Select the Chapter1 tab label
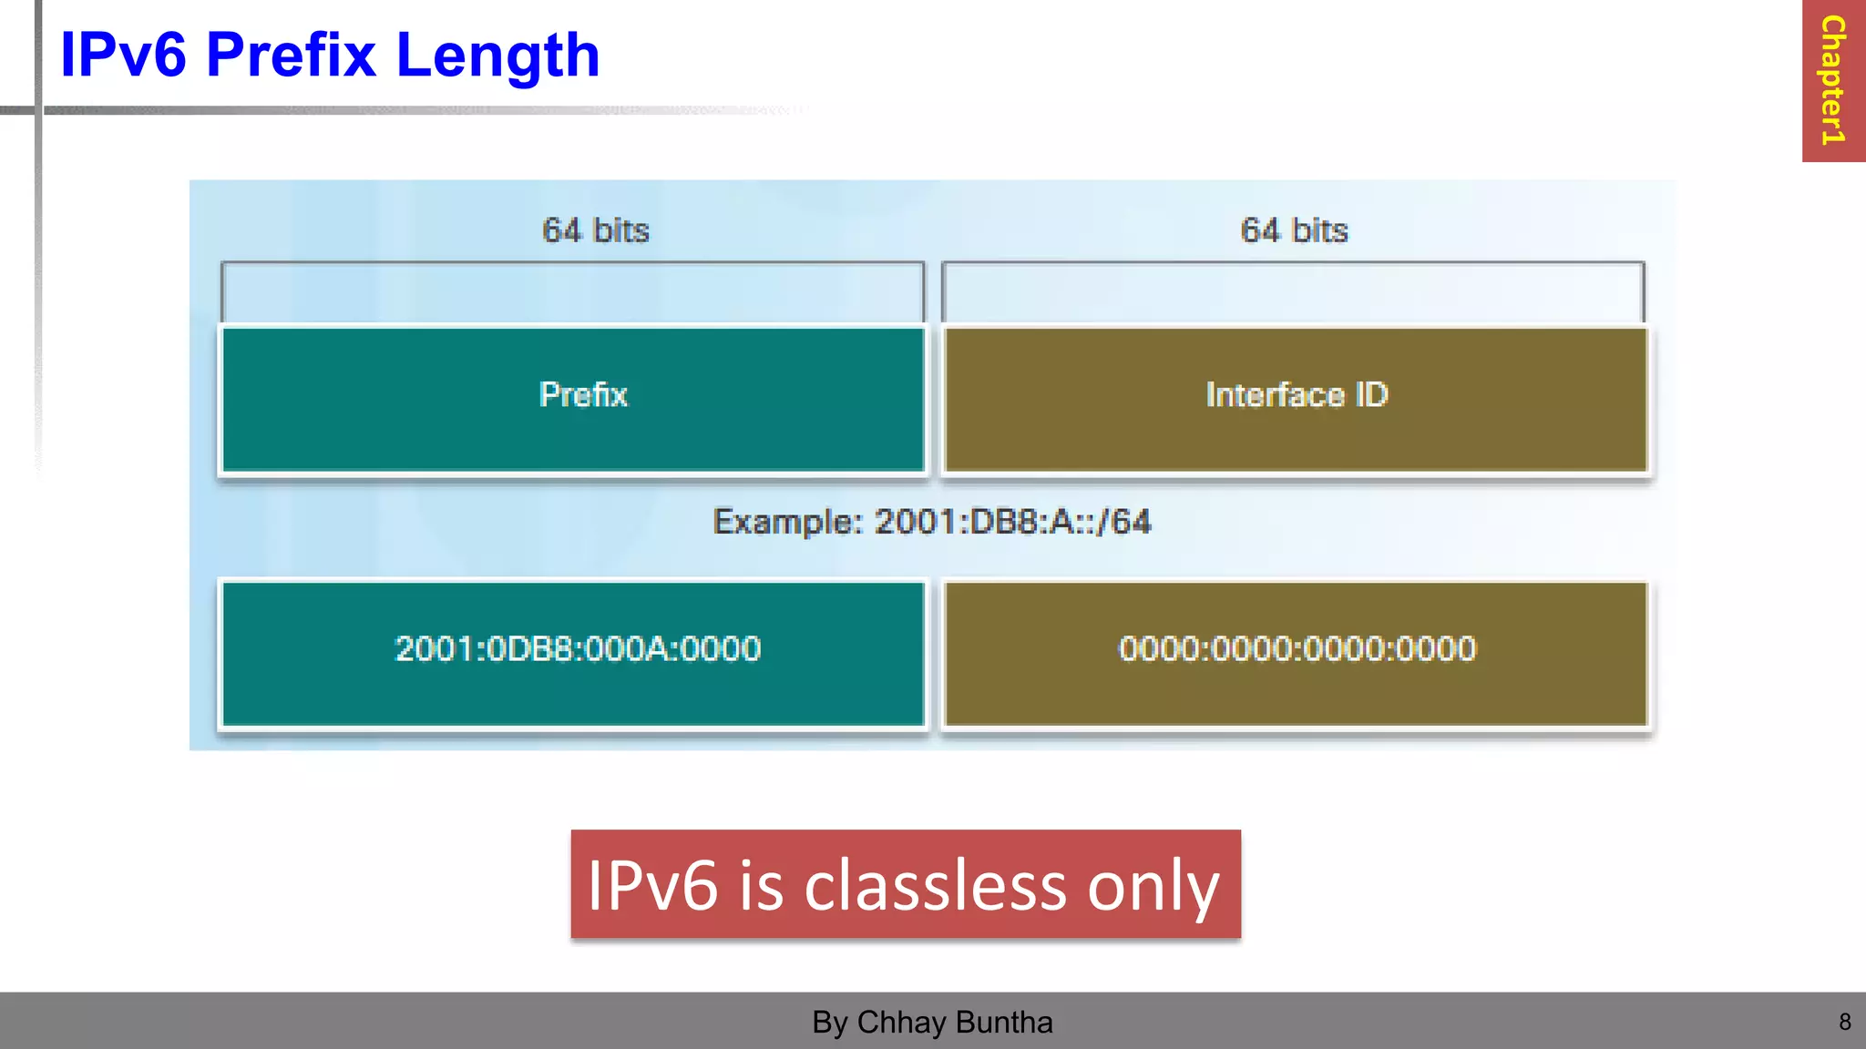(x=1832, y=80)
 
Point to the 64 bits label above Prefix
(x=596, y=230)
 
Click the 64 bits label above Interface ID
(x=1294, y=230)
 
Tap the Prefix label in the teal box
(x=583, y=395)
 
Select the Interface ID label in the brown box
(x=1297, y=395)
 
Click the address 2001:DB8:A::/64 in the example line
(x=1012, y=522)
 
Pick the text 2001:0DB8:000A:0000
(x=578, y=649)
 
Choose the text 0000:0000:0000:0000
(x=1297, y=649)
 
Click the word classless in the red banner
(x=935, y=886)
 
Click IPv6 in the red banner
(x=652, y=886)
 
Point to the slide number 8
(x=1844, y=1023)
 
